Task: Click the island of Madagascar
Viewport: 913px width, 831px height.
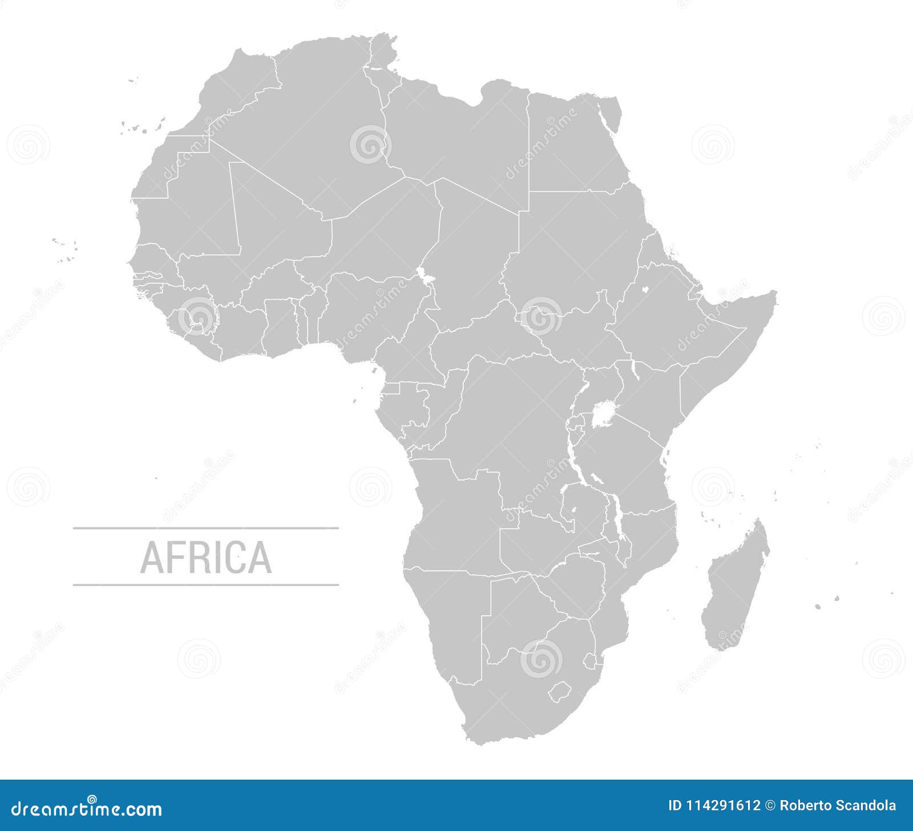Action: click(x=736, y=588)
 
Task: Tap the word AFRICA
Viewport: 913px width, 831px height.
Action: click(x=206, y=557)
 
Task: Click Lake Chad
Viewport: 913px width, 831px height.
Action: click(x=424, y=277)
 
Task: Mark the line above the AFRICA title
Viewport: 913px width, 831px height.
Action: click(x=206, y=529)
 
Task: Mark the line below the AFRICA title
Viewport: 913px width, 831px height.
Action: click(x=206, y=585)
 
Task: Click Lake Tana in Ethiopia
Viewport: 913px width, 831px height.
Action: click(x=645, y=289)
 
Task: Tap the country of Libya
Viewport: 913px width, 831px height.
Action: click(x=457, y=137)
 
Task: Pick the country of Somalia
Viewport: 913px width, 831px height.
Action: click(x=736, y=342)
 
